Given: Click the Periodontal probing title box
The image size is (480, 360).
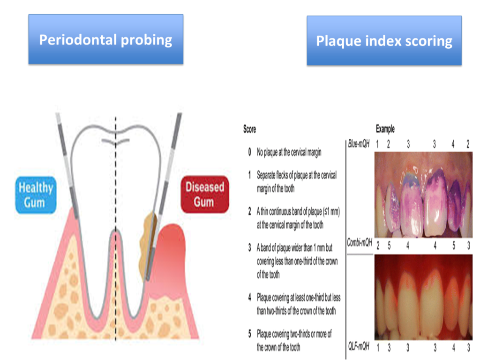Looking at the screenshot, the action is (x=106, y=39).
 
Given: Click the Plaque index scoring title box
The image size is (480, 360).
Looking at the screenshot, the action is (x=384, y=40).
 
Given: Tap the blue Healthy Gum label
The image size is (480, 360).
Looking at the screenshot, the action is (x=36, y=195).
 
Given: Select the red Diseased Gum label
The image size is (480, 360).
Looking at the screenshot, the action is (x=205, y=195).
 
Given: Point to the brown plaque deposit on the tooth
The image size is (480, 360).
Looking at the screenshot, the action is (x=147, y=245).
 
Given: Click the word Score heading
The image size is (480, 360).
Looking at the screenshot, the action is (x=249, y=129).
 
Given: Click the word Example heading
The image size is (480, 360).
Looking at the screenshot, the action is (x=385, y=129).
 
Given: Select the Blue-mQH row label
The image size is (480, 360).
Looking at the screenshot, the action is (x=359, y=143).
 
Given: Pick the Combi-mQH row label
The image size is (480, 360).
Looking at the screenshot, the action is (x=360, y=243).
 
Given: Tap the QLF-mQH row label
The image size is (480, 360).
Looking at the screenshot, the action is (x=359, y=346).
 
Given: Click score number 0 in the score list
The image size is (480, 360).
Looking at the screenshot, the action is (x=250, y=152).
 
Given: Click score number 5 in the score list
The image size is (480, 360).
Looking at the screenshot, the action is (x=250, y=334).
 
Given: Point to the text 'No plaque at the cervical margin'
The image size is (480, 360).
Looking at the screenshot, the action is (x=289, y=152).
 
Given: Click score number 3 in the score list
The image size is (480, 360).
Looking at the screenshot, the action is (x=250, y=247).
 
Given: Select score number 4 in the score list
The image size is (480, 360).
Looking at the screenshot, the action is (x=250, y=297).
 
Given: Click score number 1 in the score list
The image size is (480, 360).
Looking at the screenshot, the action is (x=250, y=175).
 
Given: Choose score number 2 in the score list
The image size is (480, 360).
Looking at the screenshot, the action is (x=250, y=211).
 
